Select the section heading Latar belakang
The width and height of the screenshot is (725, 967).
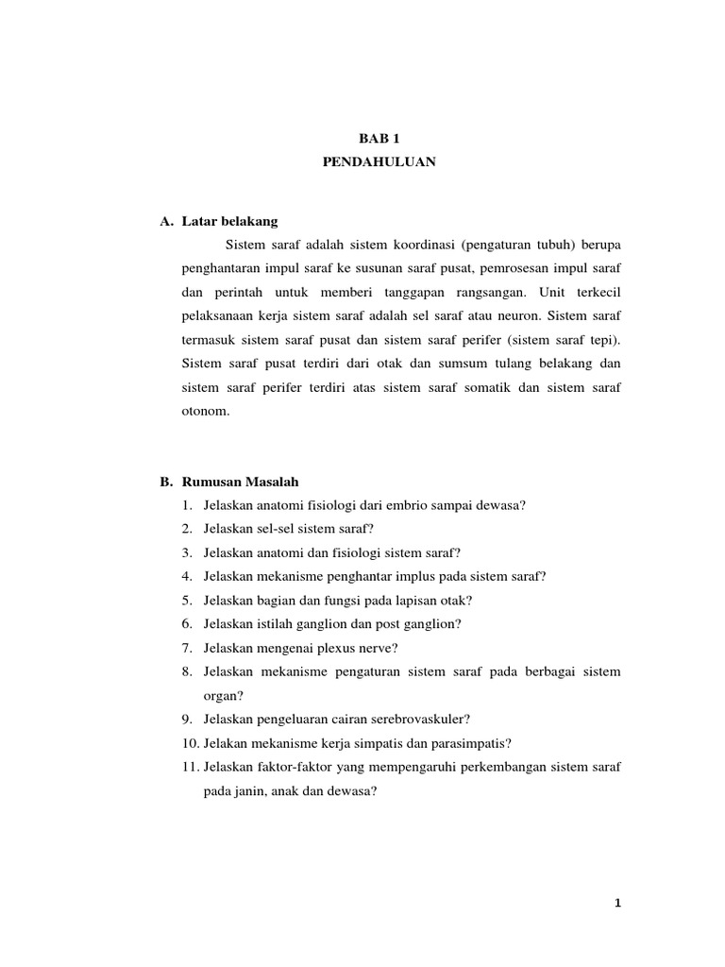tap(230, 221)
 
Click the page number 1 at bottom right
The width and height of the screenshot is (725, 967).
tap(617, 904)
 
